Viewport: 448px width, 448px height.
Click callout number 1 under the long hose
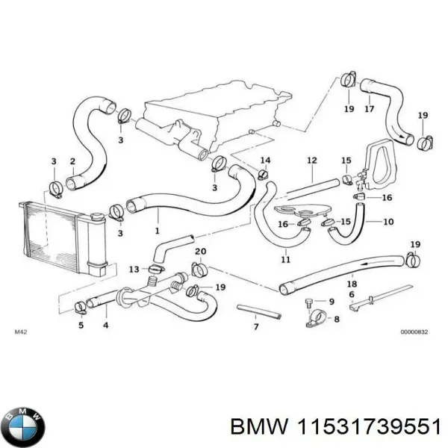[157, 231]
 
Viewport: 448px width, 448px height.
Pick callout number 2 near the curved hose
[72, 161]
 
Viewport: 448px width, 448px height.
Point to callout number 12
[312, 160]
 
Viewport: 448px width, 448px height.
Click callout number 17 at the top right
[368, 109]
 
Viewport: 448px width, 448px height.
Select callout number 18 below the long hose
[352, 284]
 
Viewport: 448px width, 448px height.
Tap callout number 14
[265, 161]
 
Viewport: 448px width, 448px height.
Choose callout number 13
[134, 269]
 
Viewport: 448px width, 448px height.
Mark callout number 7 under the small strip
[255, 327]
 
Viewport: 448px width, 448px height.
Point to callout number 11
[285, 260]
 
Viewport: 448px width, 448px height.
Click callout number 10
[388, 222]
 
